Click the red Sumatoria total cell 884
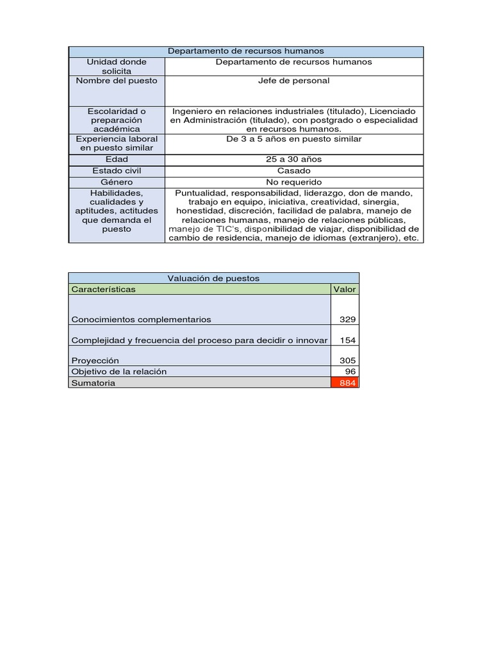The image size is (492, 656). pyautogui.click(x=345, y=382)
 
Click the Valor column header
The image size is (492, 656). pyautogui.click(x=345, y=289)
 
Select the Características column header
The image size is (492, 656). pyautogui.click(x=104, y=289)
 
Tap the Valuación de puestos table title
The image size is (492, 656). pyautogui.click(x=213, y=278)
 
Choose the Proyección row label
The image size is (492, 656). pyautogui.click(x=95, y=361)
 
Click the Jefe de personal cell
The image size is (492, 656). pyautogui.click(x=293, y=81)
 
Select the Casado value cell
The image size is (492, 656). pyautogui.click(x=294, y=171)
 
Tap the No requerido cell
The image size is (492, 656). pyautogui.click(x=294, y=183)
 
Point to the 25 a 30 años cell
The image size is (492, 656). pyautogui.click(x=294, y=160)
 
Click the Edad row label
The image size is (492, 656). pyautogui.click(x=117, y=160)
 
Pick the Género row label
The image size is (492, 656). pyautogui.click(x=117, y=183)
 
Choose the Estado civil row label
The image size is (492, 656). pyautogui.click(x=117, y=171)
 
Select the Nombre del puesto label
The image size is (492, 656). pyautogui.click(x=117, y=81)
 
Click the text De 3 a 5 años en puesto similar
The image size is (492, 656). pyautogui.click(x=294, y=139)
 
